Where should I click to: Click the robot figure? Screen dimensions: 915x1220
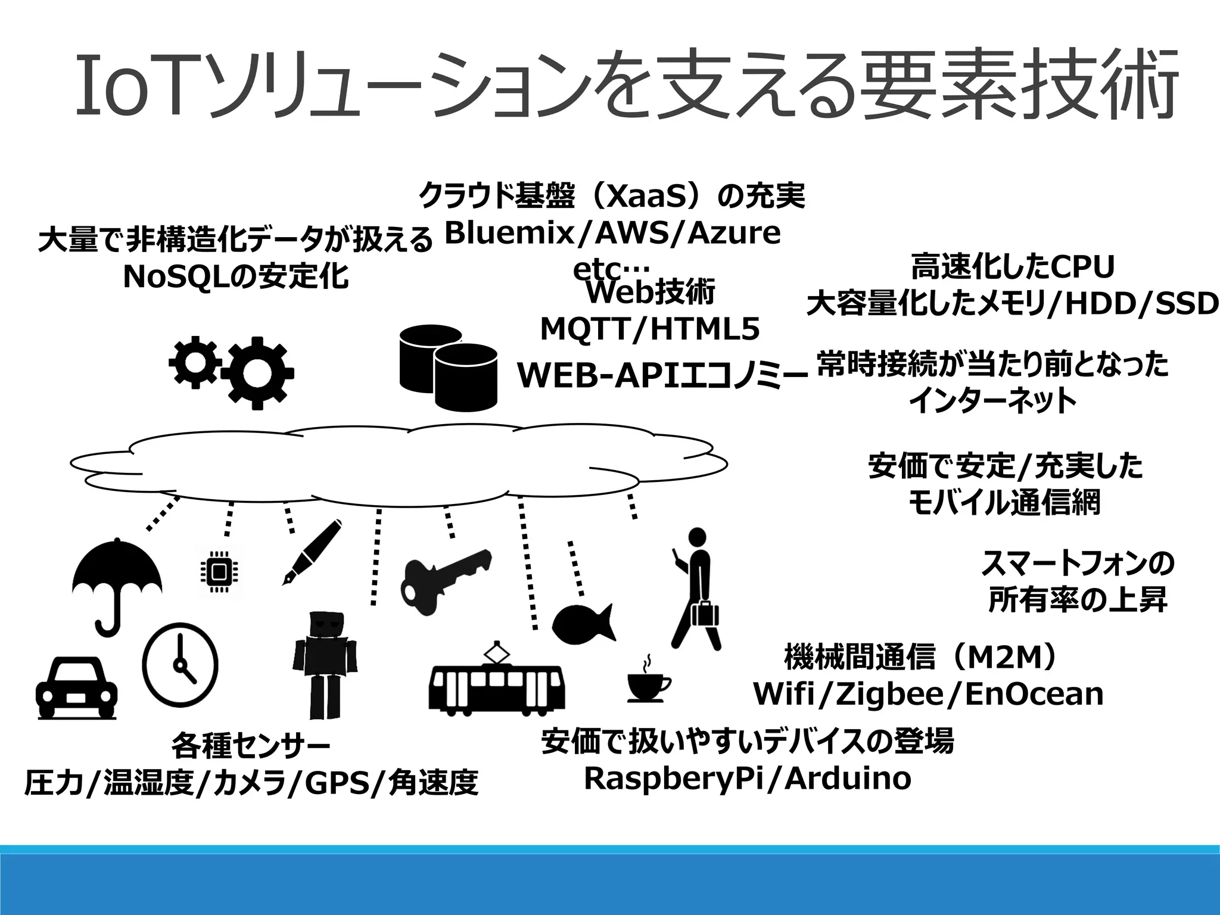(325, 664)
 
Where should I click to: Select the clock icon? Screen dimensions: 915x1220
(180, 664)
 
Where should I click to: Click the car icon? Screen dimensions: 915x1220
(76, 688)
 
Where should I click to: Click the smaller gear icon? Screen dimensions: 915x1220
(194, 362)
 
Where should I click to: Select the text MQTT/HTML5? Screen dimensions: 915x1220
(650, 329)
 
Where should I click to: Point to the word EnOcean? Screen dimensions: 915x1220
(1034, 694)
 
